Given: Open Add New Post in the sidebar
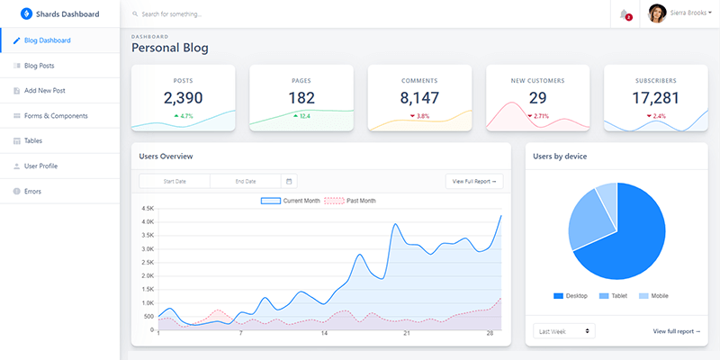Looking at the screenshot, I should click(44, 91).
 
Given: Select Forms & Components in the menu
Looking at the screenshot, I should click(56, 116).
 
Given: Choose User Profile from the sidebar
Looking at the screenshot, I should click(40, 166).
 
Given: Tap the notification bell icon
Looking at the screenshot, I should click(624, 13).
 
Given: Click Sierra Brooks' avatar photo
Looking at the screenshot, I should click(656, 13).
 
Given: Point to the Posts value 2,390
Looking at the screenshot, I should click(184, 98).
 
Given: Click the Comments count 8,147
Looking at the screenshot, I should click(419, 98).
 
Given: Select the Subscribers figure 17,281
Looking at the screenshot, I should click(655, 98).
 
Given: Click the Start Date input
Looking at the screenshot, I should click(175, 181).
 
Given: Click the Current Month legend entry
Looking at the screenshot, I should click(290, 201).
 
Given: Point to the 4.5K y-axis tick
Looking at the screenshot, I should click(148, 208).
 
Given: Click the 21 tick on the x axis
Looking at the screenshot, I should click(407, 333).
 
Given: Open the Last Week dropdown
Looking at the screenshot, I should click(563, 331).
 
